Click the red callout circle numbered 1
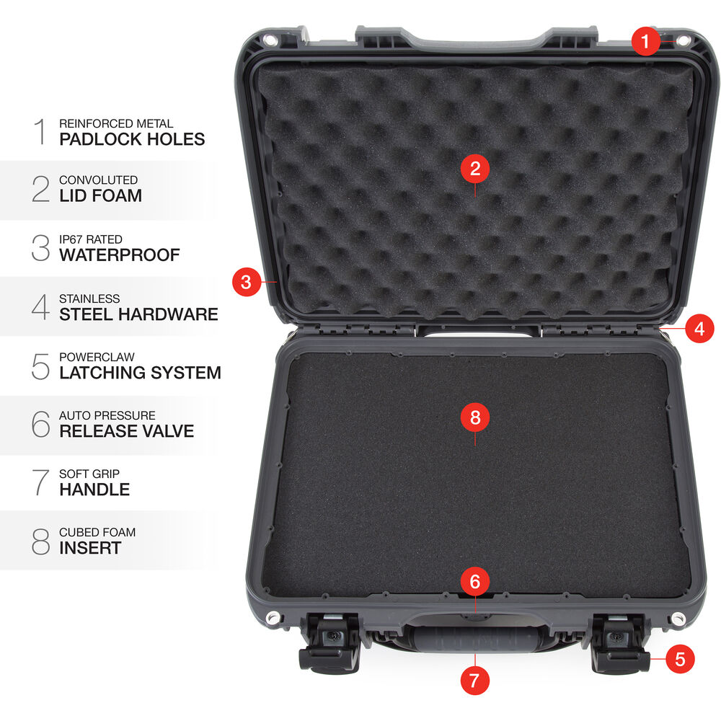pos(645,41)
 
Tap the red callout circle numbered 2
pos(475,168)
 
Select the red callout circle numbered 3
pos(247,281)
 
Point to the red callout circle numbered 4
pos(699,328)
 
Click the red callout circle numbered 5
pos(680,659)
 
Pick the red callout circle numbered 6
pos(475,581)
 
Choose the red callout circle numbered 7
pos(474,681)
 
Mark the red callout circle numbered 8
pos(475,417)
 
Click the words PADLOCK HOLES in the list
pos(132,139)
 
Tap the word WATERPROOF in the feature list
pos(120,255)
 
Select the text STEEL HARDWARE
pos(139,314)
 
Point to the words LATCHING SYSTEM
pos(141,373)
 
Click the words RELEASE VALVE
pos(126,431)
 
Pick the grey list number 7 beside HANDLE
pos(40,482)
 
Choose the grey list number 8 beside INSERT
pos(40,541)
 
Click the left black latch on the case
pos(329,644)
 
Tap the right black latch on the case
pos(620,644)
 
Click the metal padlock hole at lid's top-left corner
pos(271,40)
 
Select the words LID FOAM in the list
pos(101,195)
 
